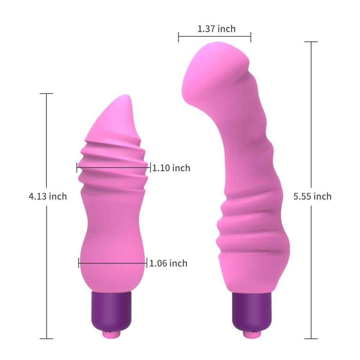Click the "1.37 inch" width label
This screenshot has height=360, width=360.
[x=216, y=29]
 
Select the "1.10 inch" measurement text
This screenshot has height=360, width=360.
[x=171, y=168]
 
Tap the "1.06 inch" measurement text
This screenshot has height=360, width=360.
[x=168, y=263]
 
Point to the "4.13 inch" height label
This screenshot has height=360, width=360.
[x=48, y=196]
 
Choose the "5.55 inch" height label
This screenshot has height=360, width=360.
[x=312, y=196]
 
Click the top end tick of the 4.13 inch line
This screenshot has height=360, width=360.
[x=46, y=94]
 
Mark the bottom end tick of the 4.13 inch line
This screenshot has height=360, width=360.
[x=46, y=338]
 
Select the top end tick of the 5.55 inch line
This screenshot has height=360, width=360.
[x=311, y=42]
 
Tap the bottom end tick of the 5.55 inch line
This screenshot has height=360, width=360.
[x=311, y=338]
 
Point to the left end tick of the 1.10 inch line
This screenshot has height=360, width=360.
[x=77, y=167]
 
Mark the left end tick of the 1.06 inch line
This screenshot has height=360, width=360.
[x=78, y=263]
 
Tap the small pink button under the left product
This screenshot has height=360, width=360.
[x=110, y=334]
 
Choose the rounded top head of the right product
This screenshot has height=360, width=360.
[x=216, y=68]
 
